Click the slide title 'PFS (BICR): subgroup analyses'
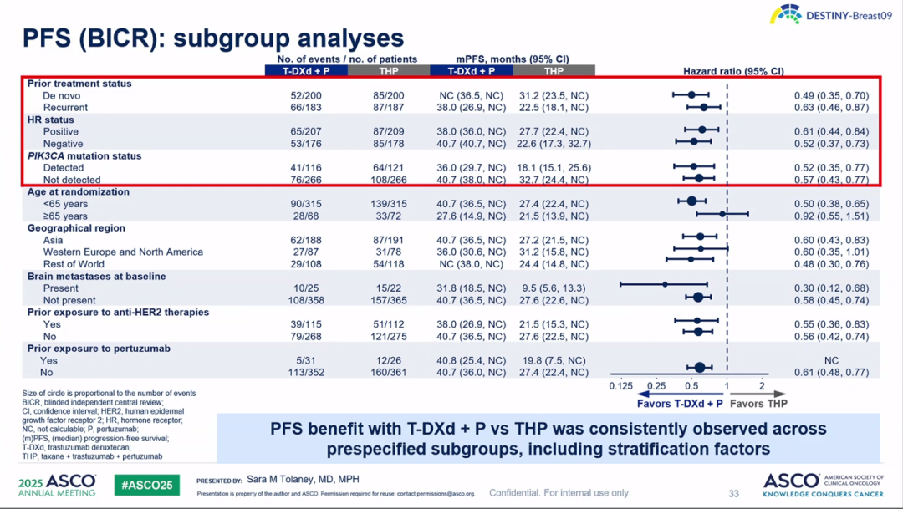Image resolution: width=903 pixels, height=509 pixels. click(x=212, y=38)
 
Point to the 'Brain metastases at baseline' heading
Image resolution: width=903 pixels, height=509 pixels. click(x=96, y=276)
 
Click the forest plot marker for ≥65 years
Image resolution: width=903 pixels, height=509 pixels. click(x=722, y=216)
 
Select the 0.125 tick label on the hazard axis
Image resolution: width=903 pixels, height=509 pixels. click(x=620, y=386)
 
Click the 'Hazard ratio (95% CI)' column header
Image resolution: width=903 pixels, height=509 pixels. click(x=733, y=71)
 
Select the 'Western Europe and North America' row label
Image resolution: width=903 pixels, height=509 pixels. click(x=123, y=252)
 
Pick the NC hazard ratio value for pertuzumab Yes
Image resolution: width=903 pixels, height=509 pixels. click(x=831, y=360)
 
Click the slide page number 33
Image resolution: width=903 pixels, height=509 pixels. click(x=733, y=494)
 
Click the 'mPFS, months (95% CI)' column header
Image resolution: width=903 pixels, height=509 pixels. click(x=512, y=59)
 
